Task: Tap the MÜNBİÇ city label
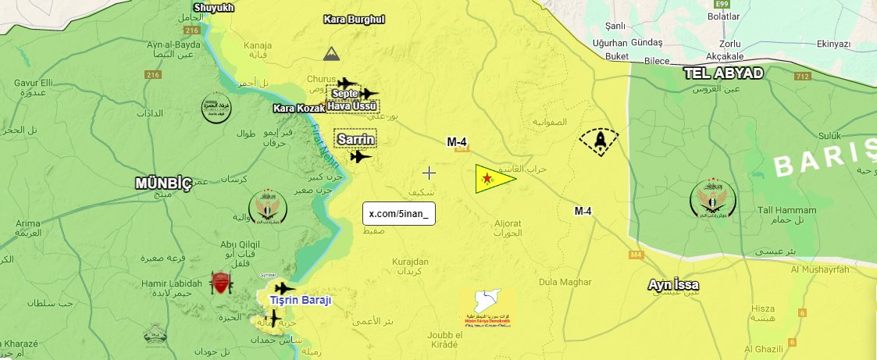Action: pos(163,184)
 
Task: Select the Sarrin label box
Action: pos(355,140)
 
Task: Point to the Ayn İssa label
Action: pos(673,285)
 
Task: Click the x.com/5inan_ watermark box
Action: pos(398,214)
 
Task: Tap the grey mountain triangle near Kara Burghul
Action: pos(331,54)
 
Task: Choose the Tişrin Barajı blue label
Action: pos(301,301)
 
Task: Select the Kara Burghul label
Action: pos(355,19)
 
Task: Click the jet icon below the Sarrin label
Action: pos(361,156)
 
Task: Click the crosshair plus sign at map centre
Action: pos(429,173)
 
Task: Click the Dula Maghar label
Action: pos(565,282)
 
